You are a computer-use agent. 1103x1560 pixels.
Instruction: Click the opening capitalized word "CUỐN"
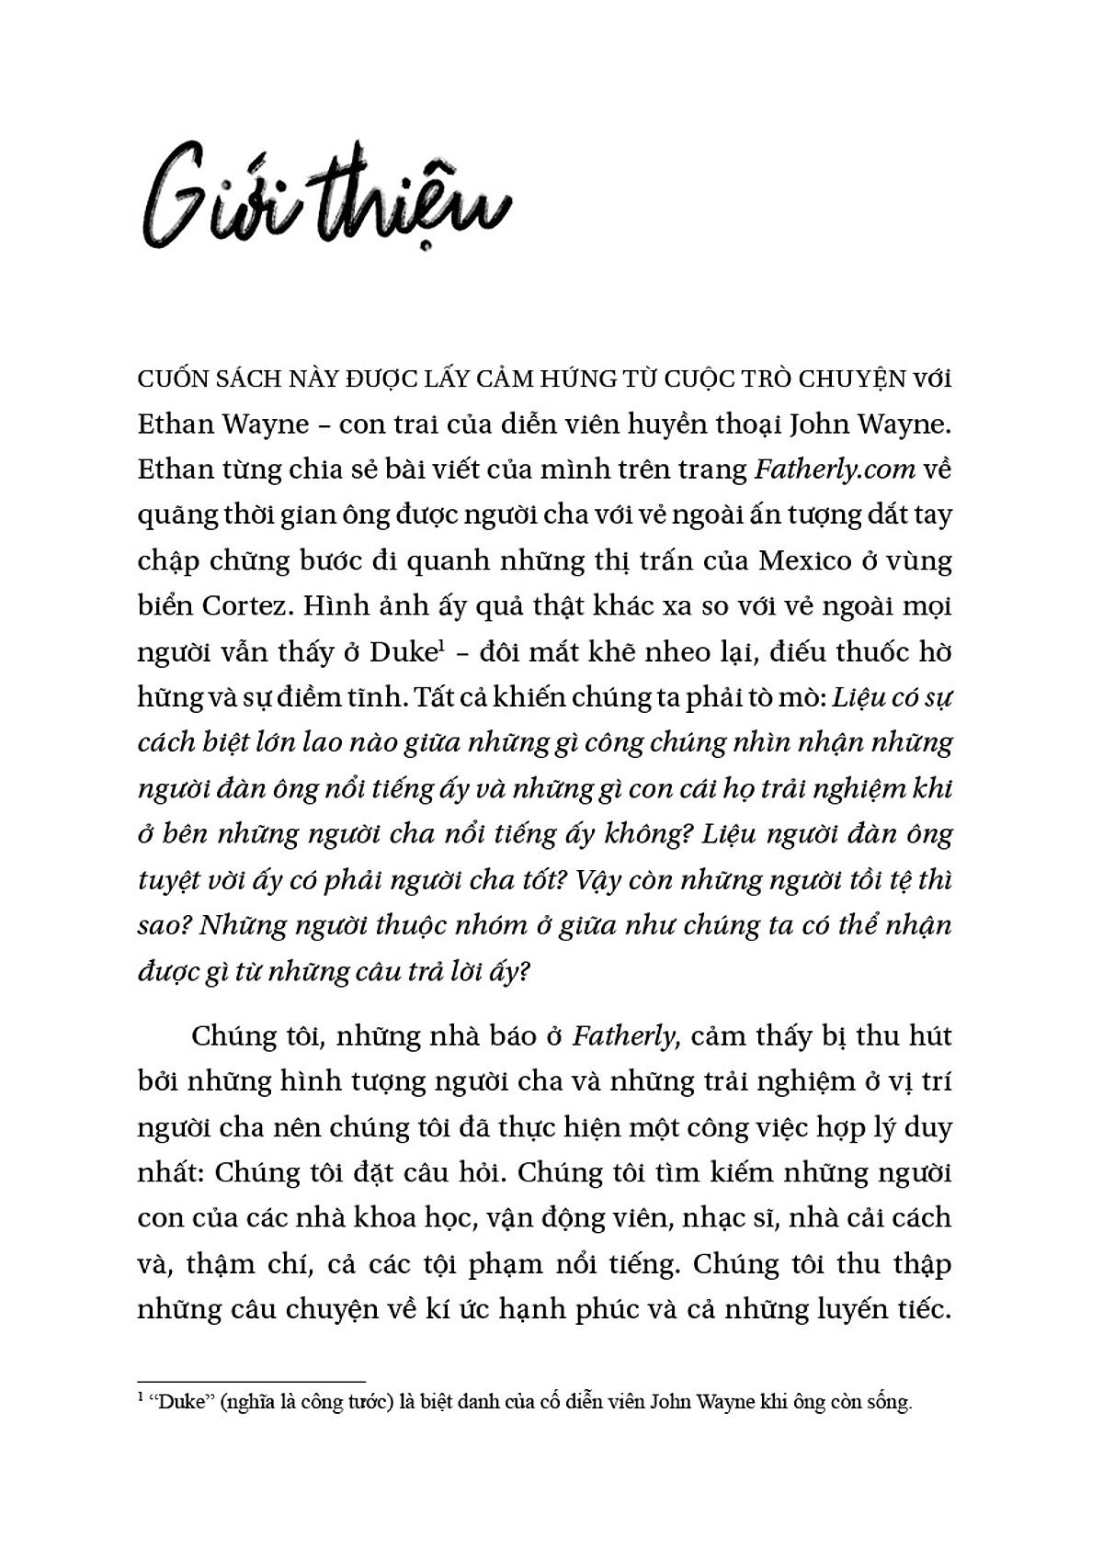tap(170, 379)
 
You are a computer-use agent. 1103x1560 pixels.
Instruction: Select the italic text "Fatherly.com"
tap(835, 469)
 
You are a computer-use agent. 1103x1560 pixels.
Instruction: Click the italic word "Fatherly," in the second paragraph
tap(624, 1036)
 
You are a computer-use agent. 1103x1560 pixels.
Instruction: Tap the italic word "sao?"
tap(163, 925)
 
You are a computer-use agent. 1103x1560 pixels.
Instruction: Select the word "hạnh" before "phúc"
tap(532, 1309)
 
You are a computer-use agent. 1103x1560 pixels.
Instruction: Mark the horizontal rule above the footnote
tap(251, 1381)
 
